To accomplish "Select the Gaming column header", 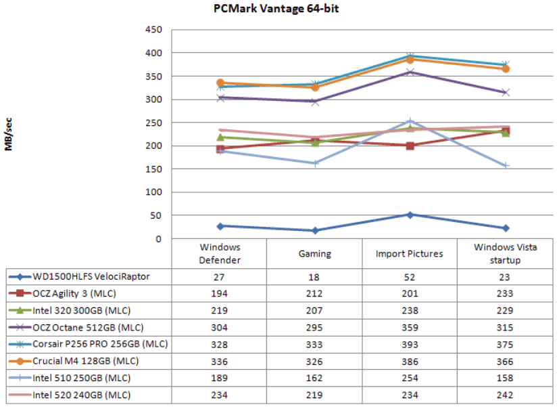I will [315, 254].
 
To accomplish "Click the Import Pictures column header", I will [410, 254].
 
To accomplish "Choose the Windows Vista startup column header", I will [506, 254].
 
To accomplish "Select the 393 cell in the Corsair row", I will [410, 344].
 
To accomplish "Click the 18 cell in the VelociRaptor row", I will [315, 276].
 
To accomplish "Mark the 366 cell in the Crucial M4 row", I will [506, 361].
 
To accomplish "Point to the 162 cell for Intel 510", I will [315, 378].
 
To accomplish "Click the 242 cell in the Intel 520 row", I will [506, 395].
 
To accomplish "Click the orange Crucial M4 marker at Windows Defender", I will [220, 83].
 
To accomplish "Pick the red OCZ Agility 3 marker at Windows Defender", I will [220, 149].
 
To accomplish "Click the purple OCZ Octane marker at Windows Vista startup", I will [506, 92].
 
